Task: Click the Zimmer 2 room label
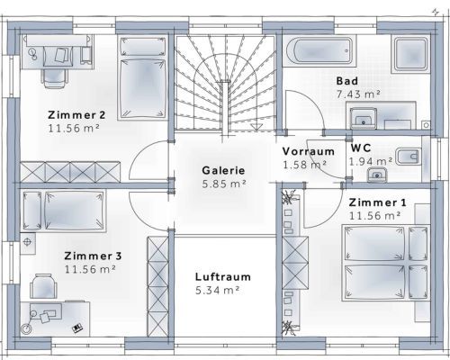76,115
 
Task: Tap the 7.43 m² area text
358,94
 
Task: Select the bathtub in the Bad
319,50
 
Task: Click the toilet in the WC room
408,157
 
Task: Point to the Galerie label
223,170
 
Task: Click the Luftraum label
223,276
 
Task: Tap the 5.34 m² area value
218,290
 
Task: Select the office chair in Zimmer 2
55,77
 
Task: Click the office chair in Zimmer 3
44,286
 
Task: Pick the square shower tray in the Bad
410,54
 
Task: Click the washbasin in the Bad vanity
364,119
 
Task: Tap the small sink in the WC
377,175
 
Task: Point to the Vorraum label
309,151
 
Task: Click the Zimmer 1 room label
377,202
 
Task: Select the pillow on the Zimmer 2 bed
143,47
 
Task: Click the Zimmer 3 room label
93,256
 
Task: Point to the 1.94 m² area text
371,161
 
